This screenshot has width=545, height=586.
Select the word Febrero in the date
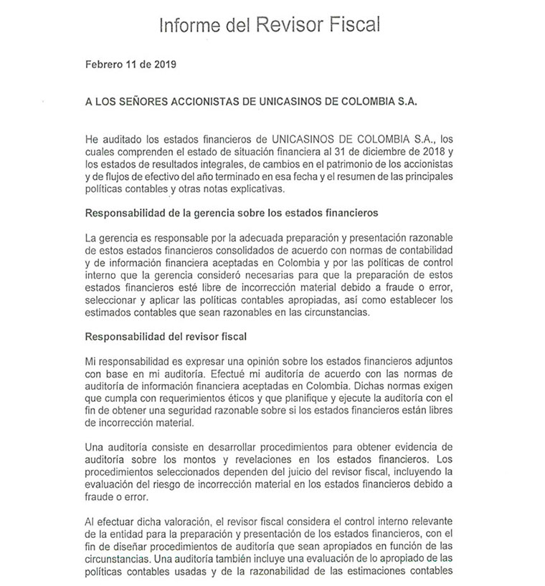(x=103, y=63)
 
